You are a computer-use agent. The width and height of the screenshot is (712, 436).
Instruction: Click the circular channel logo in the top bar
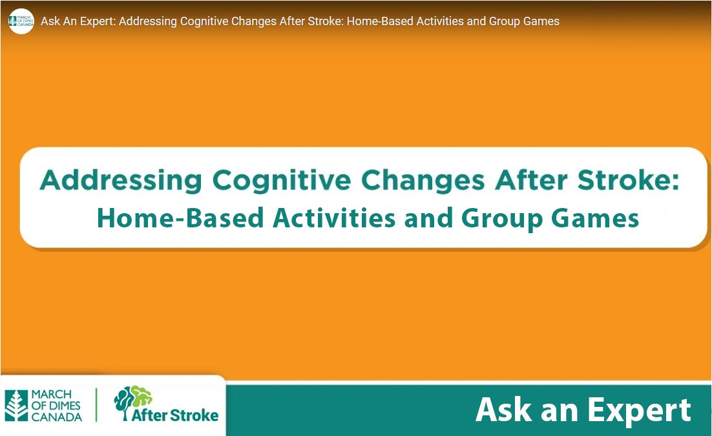coord(21,21)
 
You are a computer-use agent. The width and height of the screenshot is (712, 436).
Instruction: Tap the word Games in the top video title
coord(543,21)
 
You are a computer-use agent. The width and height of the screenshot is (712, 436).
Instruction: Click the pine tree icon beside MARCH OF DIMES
coord(16,406)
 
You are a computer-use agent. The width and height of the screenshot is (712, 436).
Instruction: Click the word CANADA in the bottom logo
coord(57,417)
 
